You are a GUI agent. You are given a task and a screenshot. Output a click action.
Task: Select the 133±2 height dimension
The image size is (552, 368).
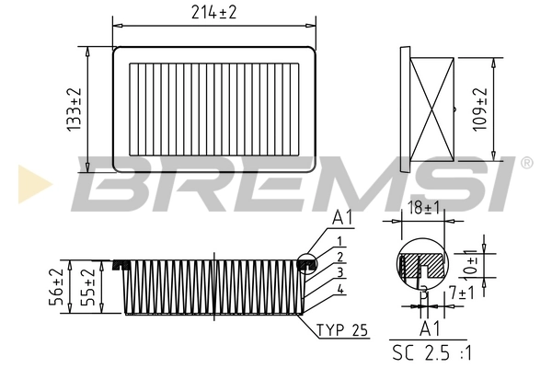click(75, 109)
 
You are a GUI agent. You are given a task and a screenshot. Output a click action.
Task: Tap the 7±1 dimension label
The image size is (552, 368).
click(461, 293)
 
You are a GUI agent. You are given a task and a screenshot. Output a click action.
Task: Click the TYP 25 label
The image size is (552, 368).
click(341, 330)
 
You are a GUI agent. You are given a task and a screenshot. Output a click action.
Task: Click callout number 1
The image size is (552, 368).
click(339, 241)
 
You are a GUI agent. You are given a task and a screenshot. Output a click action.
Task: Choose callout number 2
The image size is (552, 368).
click(339, 257)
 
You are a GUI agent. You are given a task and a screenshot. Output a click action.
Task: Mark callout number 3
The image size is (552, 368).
click(339, 273)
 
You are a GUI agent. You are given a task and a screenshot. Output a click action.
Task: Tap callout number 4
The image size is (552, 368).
click(339, 290)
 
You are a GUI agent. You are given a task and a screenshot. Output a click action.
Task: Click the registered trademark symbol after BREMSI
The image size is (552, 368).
click(525, 163)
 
